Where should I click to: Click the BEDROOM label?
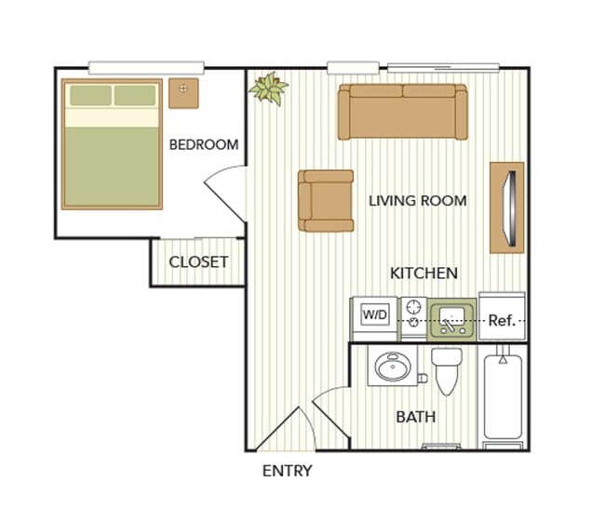(203, 144)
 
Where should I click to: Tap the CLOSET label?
(197, 261)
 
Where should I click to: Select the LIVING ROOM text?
(417, 200)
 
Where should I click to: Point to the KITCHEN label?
(423, 273)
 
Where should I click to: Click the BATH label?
(415, 417)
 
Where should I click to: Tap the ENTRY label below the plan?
(287, 471)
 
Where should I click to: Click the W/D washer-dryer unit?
(374, 316)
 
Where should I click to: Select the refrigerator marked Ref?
(503, 319)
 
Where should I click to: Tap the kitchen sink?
(452, 319)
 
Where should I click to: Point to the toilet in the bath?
(447, 370)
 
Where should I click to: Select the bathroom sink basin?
(391, 368)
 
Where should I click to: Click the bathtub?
(504, 398)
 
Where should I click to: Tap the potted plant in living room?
(269, 89)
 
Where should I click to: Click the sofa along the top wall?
(403, 112)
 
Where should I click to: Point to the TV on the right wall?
(506, 207)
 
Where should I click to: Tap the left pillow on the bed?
(90, 95)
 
